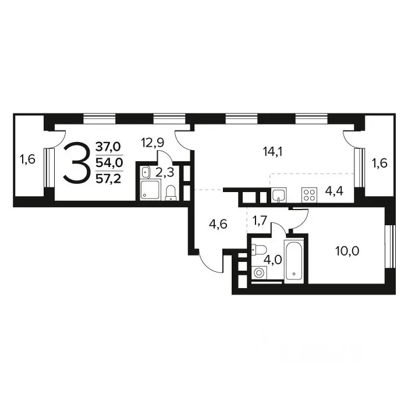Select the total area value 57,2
108,179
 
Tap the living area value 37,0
108,147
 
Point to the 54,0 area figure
109,162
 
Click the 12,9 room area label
152,143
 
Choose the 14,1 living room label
272,151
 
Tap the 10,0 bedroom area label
347,251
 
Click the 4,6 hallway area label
218,224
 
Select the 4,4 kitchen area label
334,191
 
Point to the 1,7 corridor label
260,221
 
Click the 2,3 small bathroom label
165,172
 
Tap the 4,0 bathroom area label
273,260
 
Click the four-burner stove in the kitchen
310,195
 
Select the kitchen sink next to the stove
279,195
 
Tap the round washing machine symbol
258,273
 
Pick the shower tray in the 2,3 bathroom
150,190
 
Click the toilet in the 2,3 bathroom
171,193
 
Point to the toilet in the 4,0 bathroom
259,250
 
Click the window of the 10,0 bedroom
391,246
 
